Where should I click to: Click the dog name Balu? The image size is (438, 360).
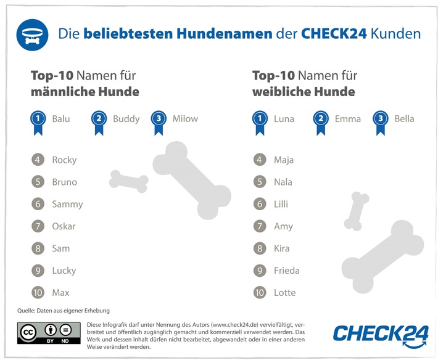click(61, 119)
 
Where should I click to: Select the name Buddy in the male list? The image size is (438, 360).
click(126, 119)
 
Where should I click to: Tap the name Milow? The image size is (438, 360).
click(185, 119)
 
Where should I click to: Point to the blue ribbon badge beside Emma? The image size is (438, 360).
click(321, 121)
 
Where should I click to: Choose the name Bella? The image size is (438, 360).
click(404, 119)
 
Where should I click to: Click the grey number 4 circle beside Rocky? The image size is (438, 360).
click(38, 160)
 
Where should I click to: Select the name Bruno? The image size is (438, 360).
click(64, 182)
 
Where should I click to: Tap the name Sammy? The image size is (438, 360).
click(67, 204)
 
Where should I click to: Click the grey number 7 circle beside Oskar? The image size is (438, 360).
click(38, 226)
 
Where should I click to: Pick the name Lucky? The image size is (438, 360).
click(64, 271)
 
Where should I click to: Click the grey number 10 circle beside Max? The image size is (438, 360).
click(38, 293)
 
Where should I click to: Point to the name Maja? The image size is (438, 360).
click(284, 160)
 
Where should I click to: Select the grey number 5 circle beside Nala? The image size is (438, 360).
click(260, 182)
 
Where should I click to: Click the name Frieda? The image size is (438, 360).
click(287, 271)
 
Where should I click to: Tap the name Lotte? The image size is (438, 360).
click(285, 293)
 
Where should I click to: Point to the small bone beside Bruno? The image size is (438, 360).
click(129, 180)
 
